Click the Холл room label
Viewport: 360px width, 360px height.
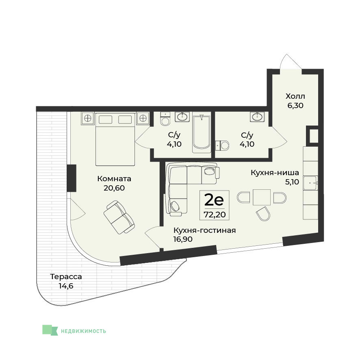point(295,96)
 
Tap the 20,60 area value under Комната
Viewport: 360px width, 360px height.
point(114,188)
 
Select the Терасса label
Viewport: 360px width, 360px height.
point(66,277)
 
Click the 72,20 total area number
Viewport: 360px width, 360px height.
point(215,215)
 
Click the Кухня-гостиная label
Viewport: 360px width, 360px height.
point(204,230)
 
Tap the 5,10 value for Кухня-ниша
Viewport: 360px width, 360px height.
point(292,182)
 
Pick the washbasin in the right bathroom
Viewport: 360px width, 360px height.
point(257,117)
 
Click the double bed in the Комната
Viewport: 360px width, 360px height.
point(115,139)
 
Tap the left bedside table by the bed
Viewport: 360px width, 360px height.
point(88,119)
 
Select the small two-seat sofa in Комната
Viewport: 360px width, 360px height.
point(119,217)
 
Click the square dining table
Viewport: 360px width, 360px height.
point(262,197)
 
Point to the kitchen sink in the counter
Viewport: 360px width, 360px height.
point(311,183)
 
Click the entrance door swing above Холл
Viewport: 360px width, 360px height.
point(291,61)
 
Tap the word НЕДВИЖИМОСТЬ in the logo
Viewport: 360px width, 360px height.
point(83,331)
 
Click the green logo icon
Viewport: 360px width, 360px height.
point(50,330)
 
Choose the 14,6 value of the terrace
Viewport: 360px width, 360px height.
point(66,286)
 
